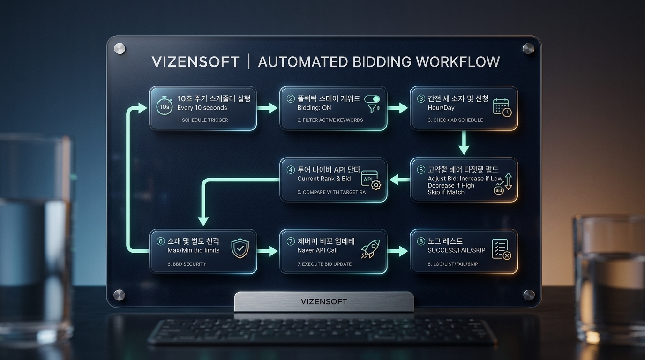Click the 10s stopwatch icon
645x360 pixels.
tap(164, 106)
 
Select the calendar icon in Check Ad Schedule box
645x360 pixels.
tap(502, 107)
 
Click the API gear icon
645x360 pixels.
tap(371, 180)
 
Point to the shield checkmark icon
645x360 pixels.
tap(240, 249)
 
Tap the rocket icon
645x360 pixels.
tap(370, 249)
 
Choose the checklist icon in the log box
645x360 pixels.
tap(501, 249)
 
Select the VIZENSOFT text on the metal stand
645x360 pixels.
tap(324, 301)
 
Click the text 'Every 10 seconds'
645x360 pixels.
tap(202, 108)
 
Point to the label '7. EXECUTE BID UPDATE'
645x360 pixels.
tap(324, 264)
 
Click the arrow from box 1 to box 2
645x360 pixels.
tap(268, 108)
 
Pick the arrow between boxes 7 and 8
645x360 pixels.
tap(398, 252)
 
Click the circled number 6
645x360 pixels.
tap(160, 241)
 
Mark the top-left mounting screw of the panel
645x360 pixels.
tap(120, 48)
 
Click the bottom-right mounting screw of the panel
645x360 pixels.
tap(529, 295)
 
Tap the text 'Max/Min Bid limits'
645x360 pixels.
tap(193, 250)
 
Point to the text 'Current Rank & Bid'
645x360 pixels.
tap(324, 179)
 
